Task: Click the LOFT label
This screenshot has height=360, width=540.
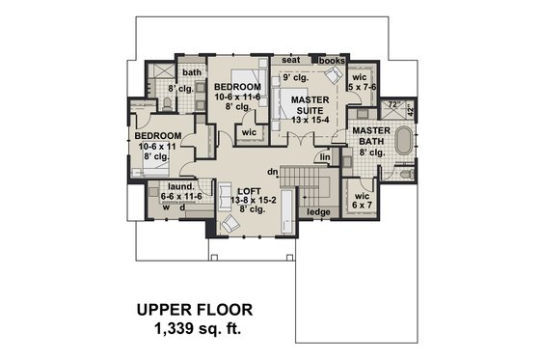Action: click(250, 191)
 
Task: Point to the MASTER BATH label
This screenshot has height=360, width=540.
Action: click(371, 137)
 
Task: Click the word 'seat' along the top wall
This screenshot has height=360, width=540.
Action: click(290, 60)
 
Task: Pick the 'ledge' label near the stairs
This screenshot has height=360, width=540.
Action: click(315, 211)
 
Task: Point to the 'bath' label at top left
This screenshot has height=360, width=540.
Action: click(192, 72)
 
